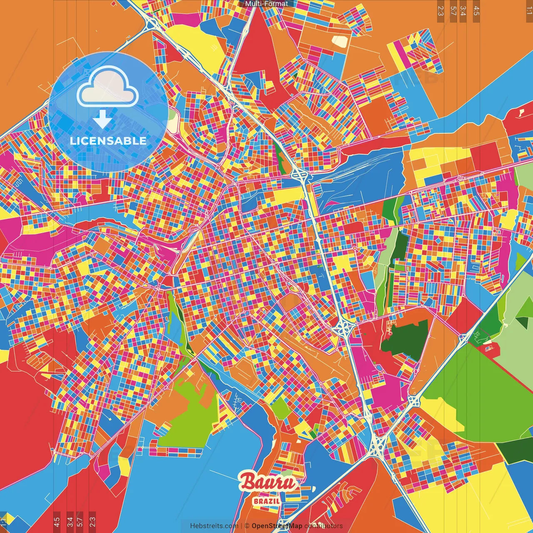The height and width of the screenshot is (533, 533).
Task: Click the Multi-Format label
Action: click(266, 4)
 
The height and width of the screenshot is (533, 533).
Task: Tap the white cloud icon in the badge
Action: click(108, 86)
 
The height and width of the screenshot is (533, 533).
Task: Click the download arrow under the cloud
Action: click(102, 120)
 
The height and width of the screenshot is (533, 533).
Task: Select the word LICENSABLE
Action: click(108, 141)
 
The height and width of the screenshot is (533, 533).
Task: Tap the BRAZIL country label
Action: click(266, 501)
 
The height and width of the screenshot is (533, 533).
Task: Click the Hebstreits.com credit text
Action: click(214, 526)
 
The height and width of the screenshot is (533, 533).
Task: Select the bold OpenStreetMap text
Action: click(277, 526)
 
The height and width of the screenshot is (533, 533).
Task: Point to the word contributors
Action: click(324, 526)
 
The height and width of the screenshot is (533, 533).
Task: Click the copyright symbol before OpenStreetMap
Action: click(247, 526)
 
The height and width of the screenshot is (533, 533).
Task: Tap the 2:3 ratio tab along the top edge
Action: click(441, 11)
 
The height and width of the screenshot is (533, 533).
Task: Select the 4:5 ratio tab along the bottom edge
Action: click(57, 521)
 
